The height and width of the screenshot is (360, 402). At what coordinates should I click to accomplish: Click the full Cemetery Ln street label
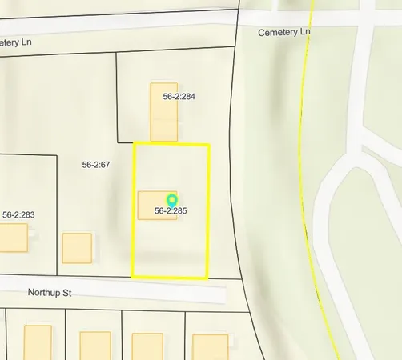(284, 33)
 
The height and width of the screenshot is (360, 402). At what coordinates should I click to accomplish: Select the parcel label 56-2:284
(179, 96)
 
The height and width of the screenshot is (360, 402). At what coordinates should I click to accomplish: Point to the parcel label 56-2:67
(95, 165)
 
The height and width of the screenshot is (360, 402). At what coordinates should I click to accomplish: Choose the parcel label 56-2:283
(18, 214)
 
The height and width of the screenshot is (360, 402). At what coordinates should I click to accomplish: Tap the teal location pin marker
(171, 200)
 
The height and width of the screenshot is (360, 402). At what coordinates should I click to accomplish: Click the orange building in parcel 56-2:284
(163, 111)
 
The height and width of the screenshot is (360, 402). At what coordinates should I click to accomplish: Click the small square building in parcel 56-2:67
(77, 247)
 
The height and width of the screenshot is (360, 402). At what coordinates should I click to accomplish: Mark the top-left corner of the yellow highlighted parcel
(133, 144)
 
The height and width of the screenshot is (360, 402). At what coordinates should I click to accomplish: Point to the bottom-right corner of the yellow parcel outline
(207, 278)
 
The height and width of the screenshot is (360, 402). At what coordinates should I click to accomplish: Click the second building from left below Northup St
(95, 344)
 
